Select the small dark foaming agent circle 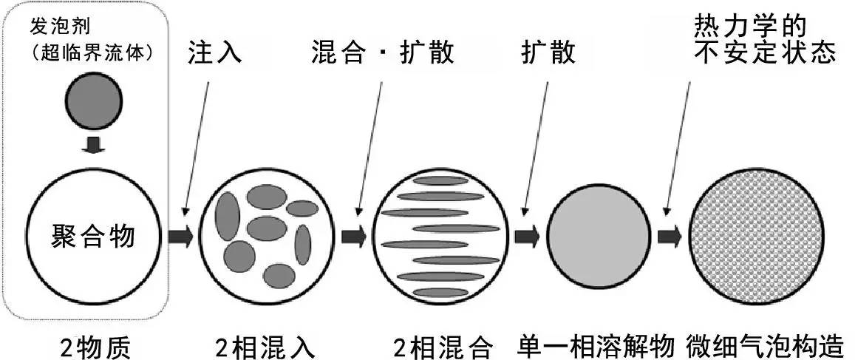click(x=94, y=101)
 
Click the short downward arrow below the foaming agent click(x=94, y=146)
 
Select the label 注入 click(x=215, y=54)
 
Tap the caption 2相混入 click(x=265, y=347)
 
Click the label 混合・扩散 click(x=383, y=54)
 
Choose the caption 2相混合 click(x=443, y=347)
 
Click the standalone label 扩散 click(x=548, y=54)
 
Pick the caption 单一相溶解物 click(x=597, y=347)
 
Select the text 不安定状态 click(x=765, y=53)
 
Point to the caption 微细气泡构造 click(x=769, y=347)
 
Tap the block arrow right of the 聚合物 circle click(x=180, y=237)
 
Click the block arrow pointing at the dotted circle click(x=670, y=237)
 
